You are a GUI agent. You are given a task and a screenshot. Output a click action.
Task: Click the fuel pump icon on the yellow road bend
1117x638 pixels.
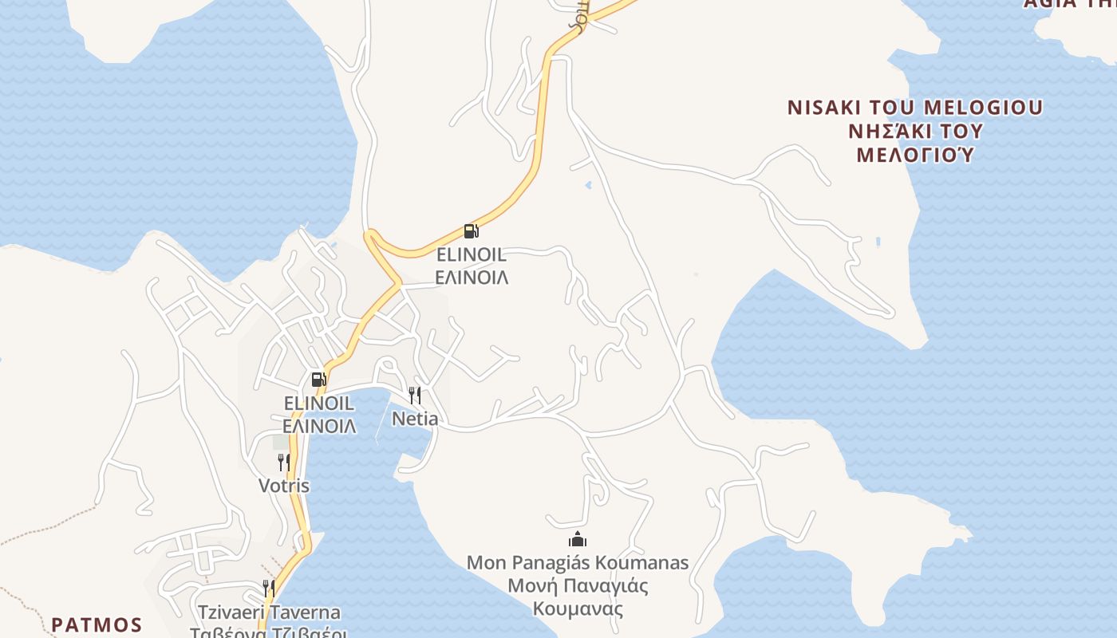471,232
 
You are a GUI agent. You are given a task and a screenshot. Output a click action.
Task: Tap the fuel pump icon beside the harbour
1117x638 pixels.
318,380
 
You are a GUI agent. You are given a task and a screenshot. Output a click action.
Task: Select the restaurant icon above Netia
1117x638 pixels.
415,395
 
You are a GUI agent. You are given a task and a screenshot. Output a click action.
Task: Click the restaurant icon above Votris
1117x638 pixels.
283,462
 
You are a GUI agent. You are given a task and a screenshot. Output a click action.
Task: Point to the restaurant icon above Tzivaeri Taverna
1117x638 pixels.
269,589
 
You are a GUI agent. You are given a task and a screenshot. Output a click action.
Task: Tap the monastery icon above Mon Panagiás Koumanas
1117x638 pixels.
578,540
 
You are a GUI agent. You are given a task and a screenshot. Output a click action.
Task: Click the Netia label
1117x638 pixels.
415,419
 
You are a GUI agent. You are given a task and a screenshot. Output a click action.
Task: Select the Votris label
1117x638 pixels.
284,486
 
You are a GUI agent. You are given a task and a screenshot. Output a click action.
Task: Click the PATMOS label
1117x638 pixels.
97,624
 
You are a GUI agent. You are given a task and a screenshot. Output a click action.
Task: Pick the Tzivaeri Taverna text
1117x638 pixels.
270,612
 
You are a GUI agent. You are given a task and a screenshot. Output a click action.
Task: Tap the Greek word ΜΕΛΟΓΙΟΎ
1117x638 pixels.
915,155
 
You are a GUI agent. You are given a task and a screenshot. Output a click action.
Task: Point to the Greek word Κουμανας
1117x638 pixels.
578,609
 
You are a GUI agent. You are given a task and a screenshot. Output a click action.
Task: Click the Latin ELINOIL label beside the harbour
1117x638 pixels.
318,404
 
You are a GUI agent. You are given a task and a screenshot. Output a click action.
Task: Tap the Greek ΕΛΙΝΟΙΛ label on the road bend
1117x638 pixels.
472,278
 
